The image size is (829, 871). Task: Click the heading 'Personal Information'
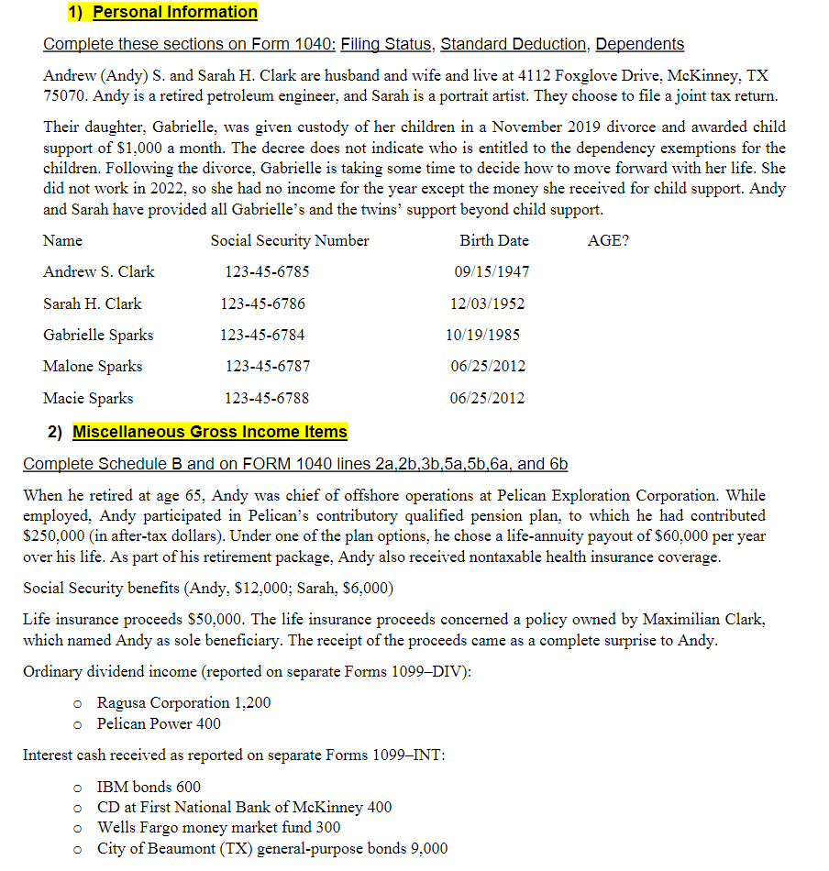click(175, 12)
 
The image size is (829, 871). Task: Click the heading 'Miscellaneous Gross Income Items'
click(210, 432)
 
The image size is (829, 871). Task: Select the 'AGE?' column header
click(608, 241)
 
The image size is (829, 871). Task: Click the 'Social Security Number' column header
click(290, 241)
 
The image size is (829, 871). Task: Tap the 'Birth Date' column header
click(494, 241)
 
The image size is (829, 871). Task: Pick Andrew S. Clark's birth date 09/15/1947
click(492, 272)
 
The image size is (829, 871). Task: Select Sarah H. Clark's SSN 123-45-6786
click(262, 303)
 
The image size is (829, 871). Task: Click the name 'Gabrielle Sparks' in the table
click(98, 335)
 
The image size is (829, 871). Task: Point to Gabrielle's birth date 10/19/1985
click(482, 335)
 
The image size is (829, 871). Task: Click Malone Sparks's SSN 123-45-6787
click(268, 367)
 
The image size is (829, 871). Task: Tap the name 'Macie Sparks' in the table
click(88, 398)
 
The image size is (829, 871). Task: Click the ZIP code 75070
click(65, 96)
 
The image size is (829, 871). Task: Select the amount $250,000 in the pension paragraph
click(53, 535)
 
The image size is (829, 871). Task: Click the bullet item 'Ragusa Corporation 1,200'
click(183, 703)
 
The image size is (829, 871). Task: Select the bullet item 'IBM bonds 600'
click(149, 788)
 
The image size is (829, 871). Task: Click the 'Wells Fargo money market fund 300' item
click(218, 828)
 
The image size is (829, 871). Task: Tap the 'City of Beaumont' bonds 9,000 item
click(272, 849)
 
